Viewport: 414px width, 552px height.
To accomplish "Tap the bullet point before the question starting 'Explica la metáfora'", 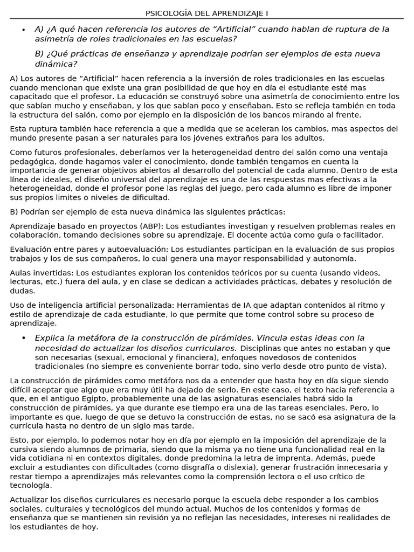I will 23,337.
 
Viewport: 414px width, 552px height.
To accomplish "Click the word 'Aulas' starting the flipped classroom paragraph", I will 20,272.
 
